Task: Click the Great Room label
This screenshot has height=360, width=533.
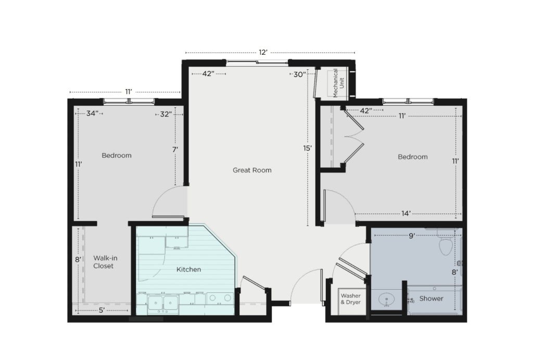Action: pyautogui.click(x=252, y=170)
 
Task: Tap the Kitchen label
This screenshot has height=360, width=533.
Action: pyautogui.click(x=188, y=269)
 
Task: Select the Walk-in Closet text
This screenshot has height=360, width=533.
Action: pyautogui.click(x=105, y=262)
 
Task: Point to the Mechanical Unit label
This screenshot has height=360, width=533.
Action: pyautogui.click(x=338, y=83)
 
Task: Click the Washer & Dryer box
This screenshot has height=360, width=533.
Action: pyautogui.click(x=351, y=302)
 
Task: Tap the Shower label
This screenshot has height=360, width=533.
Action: pyautogui.click(x=431, y=299)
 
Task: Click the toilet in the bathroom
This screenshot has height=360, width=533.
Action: pyautogui.click(x=446, y=243)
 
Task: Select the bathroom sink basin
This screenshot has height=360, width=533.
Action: pyautogui.click(x=387, y=300)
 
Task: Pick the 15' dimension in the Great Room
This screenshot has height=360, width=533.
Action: pyautogui.click(x=307, y=148)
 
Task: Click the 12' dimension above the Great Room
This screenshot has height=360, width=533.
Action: pyautogui.click(x=263, y=53)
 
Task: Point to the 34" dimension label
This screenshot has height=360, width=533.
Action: pyautogui.click(x=91, y=113)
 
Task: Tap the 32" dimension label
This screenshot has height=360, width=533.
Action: pyautogui.click(x=166, y=114)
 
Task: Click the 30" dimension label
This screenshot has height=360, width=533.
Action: pyautogui.click(x=299, y=74)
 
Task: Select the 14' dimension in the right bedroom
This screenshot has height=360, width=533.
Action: pyautogui.click(x=406, y=214)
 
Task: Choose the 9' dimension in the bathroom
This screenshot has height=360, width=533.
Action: pyautogui.click(x=412, y=235)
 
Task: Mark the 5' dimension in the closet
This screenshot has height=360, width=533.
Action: pyautogui.click(x=101, y=310)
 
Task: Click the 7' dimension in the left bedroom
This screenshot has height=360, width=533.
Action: pyautogui.click(x=175, y=150)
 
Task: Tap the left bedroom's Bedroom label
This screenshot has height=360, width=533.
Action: pyautogui.click(x=117, y=155)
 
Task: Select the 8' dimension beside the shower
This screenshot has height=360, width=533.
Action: pyautogui.click(x=455, y=272)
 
